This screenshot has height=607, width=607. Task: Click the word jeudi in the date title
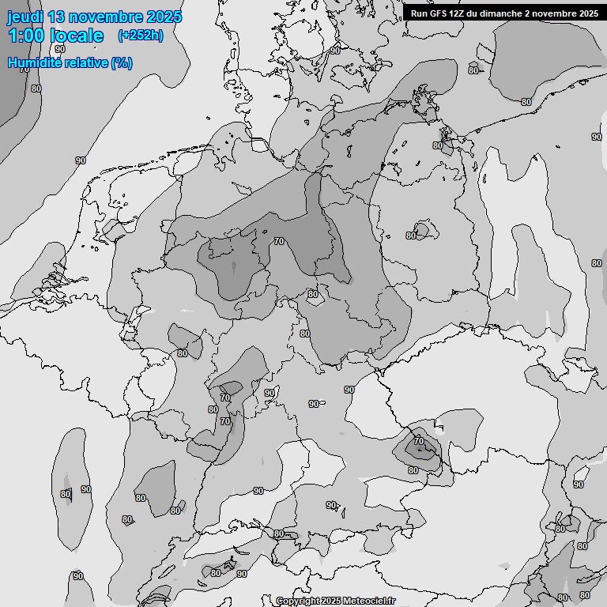pyautogui.click(x=25, y=17)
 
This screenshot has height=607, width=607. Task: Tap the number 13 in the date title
pyautogui.click(x=57, y=17)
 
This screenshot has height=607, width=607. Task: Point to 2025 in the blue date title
pyautogui.click(x=164, y=17)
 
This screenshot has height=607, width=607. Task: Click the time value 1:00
pyautogui.click(x=27, y=36)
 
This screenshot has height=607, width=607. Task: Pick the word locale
pyautogui.click(x=77, y=36)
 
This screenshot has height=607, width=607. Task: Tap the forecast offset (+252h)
pyautogui.click(x=141, y=35)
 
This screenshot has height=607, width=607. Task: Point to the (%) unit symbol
pyautogui.click(x=122, y=62)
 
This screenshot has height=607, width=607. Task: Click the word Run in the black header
pyautogui.click(x=420, y=13)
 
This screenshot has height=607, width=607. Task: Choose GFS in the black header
pyautogui.click(x=439, y=13)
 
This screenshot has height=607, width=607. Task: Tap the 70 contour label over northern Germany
pyautogui.click(x=278, y=241)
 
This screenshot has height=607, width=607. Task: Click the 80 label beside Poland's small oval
pyautogui.click(x=411, y=236)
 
